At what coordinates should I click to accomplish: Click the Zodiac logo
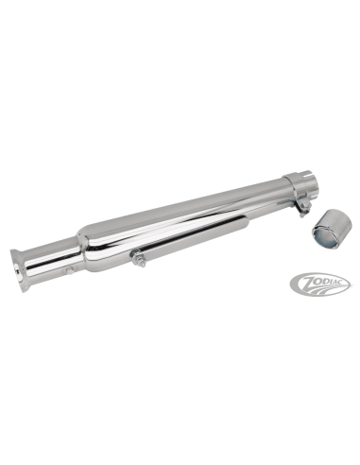(320, 283)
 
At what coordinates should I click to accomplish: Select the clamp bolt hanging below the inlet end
(301, 210)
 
